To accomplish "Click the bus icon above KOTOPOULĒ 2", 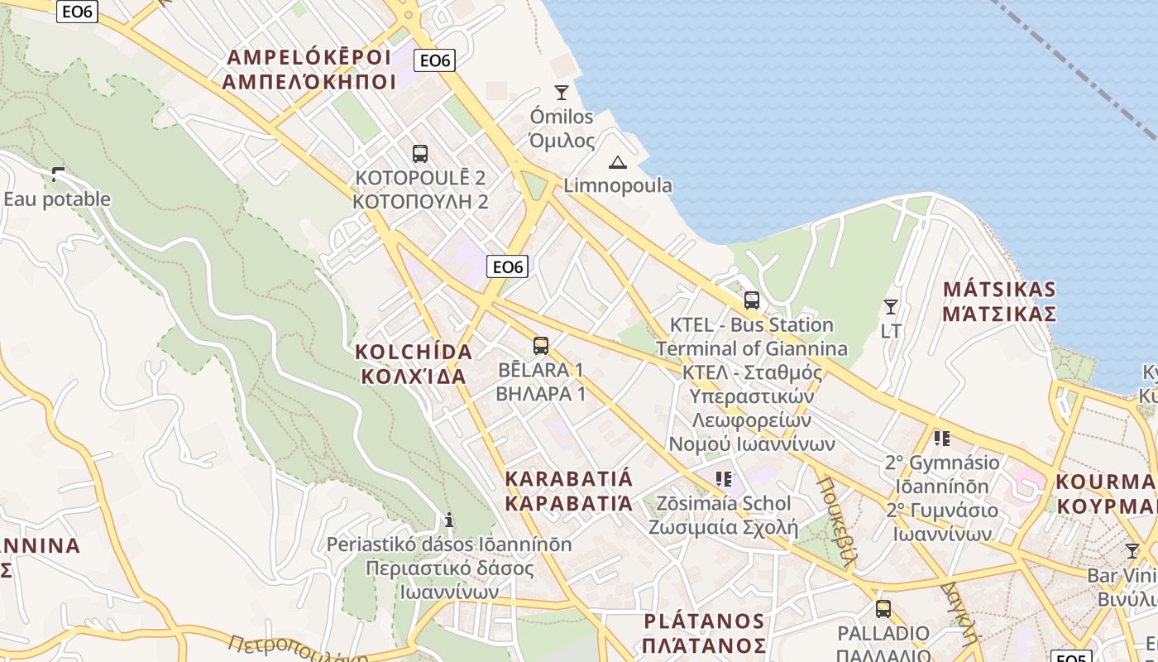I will click(x=420, y=153).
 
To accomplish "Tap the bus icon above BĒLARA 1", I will click(x=541, y=346).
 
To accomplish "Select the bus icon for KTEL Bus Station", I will click(x=752, y=300).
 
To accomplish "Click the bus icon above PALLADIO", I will click(x=883, y=609).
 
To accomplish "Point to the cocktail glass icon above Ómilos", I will click(x=562, y=92).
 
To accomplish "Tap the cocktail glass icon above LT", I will click(x=891, y=307).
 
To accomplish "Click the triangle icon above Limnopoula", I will click(x=618, y=162).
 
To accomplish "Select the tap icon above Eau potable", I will click(x=58, y=175).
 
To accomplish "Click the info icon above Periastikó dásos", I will click(x=449, y=520).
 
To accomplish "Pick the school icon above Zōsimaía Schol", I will click(x=724, y=478).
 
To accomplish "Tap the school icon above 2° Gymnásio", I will click(x=941, y=438).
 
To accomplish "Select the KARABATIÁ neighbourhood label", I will click(x=569, y=491).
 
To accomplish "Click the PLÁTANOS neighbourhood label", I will click(x=705, y=633).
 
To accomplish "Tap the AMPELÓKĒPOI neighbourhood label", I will click(x=308, y=70).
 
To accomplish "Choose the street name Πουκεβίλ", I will click(x=835, y=520).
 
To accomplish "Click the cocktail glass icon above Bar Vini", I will click(x=1132, y=550).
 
